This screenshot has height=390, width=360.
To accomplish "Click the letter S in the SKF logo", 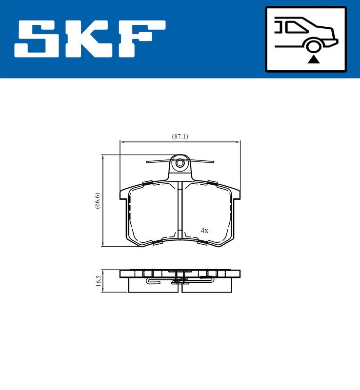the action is coord(39,39).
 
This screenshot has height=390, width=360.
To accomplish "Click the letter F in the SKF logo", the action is coord(141,39).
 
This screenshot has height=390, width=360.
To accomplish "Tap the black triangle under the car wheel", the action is coord(314,59).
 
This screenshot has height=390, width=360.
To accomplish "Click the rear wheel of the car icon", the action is coord(314,46).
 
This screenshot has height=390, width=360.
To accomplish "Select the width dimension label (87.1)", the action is coord(180,136).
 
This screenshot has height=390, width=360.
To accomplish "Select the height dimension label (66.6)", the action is coord(98,200).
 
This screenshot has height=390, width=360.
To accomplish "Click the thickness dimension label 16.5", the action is coord(99,281).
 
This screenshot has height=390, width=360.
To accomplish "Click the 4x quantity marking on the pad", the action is coord(204,231).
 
